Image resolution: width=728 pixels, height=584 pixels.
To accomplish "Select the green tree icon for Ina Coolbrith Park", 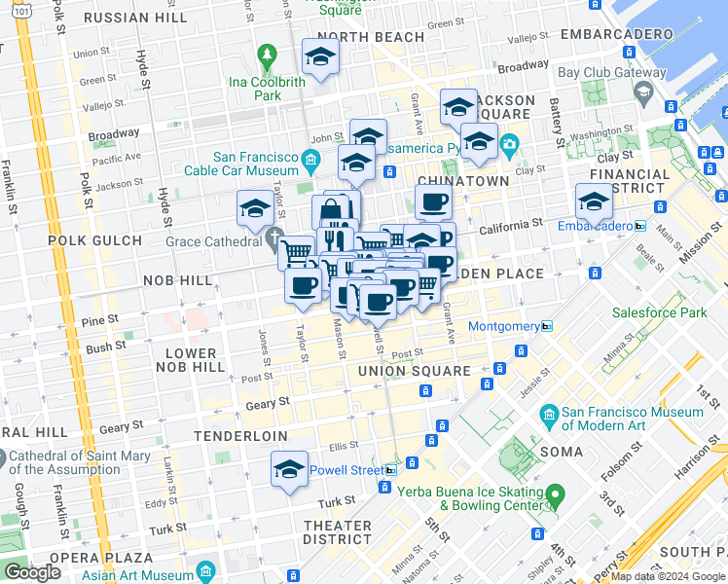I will pyautogui.click(x=266, y=55).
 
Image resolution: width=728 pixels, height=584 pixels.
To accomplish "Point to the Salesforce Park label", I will pyautogui.click(x=659, y=313).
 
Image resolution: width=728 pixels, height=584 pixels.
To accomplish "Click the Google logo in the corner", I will pyautogui.click(x=32, y=571).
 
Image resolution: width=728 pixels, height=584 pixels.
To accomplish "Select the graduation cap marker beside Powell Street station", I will pyautogui.click(x=289, y=470).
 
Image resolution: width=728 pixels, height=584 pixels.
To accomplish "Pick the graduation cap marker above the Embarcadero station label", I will pyautogui.click(x=594, y=201).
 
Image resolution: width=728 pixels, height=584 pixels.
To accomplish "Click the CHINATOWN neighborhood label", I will pyautogui.click(x=462, y=181).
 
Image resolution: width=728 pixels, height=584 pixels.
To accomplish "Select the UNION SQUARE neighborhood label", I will pyautogui.click(x=414, y=371).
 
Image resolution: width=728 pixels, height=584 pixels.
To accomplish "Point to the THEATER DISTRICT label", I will pyautogui.click(x=337, y=532).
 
